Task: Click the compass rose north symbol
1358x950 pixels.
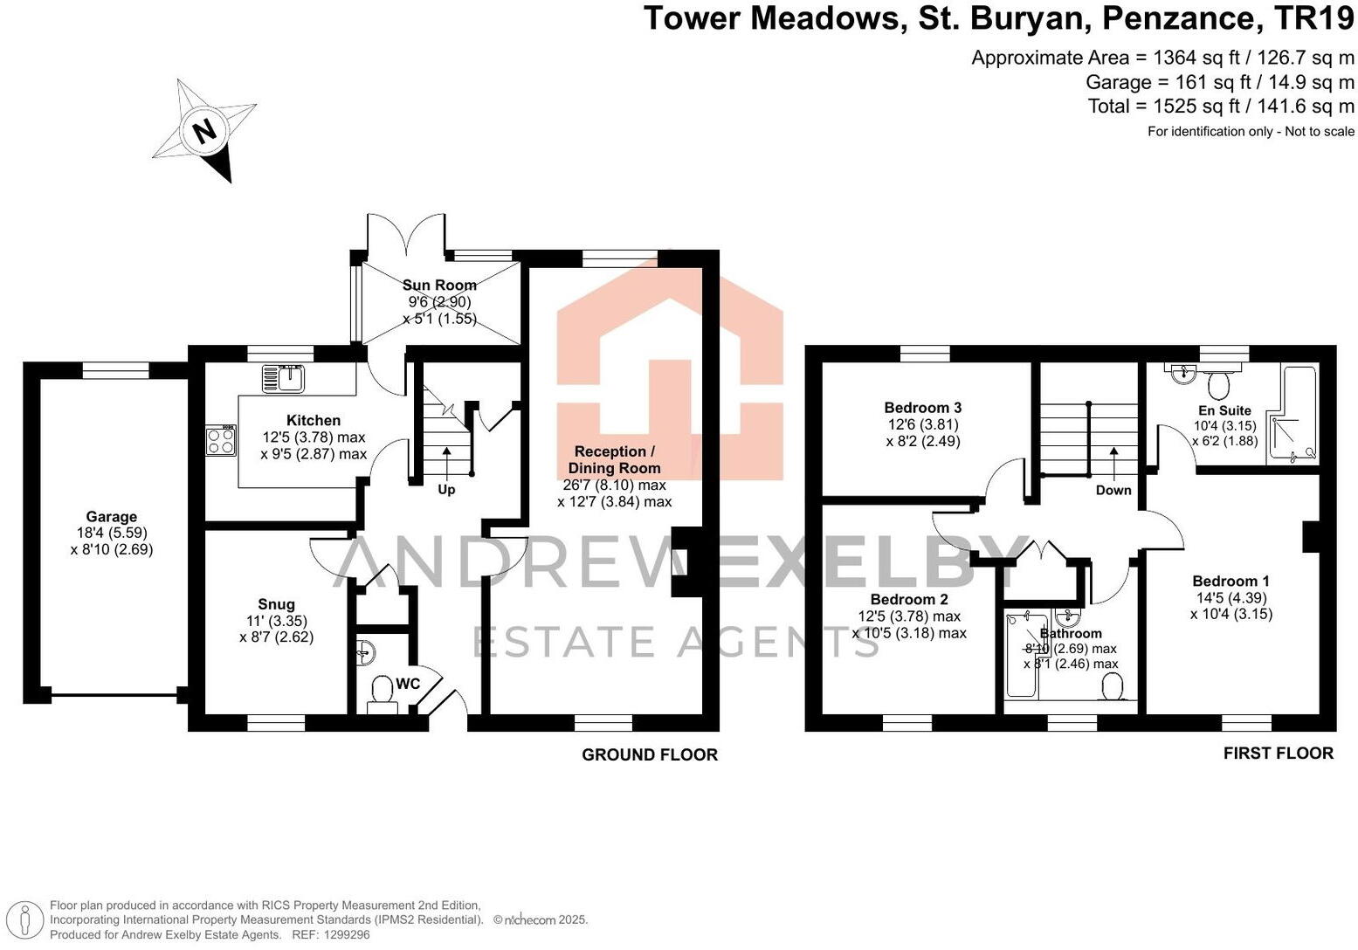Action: pyautogui.click(x=205, y=131)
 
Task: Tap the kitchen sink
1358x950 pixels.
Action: pyautogui.click(x=282, y=379)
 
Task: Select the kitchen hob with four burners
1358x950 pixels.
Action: pyautogui.click(x=221, y=440)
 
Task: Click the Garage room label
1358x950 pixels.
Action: pyautogui.click(x=111, y=517)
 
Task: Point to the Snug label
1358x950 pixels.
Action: pyautogui.click(x=276, y=604)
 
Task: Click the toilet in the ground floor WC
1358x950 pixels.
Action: pyautogui.click(x=382, y=691)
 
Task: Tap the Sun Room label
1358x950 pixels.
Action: pyautogui.click(x=439, y=286)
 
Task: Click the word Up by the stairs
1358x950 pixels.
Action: pyautogui.click(x=446, y=490)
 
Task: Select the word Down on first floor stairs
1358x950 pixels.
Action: pyautogui.click(x=1113, y=491)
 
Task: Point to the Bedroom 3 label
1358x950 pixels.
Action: pyautogui.click(x=922, y=408)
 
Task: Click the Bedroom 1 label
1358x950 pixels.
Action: pyautogui.click(x=1230, y=582)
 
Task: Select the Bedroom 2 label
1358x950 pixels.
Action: pyautogui.click(x=909, y=600)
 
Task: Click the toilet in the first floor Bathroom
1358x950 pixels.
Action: pyautogui.click(x=1113, y=689)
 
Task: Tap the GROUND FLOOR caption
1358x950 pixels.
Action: pyautogui.click(x=649, y=755)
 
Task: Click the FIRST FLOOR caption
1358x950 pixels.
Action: pyautogui.click(x=1278, y=754)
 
